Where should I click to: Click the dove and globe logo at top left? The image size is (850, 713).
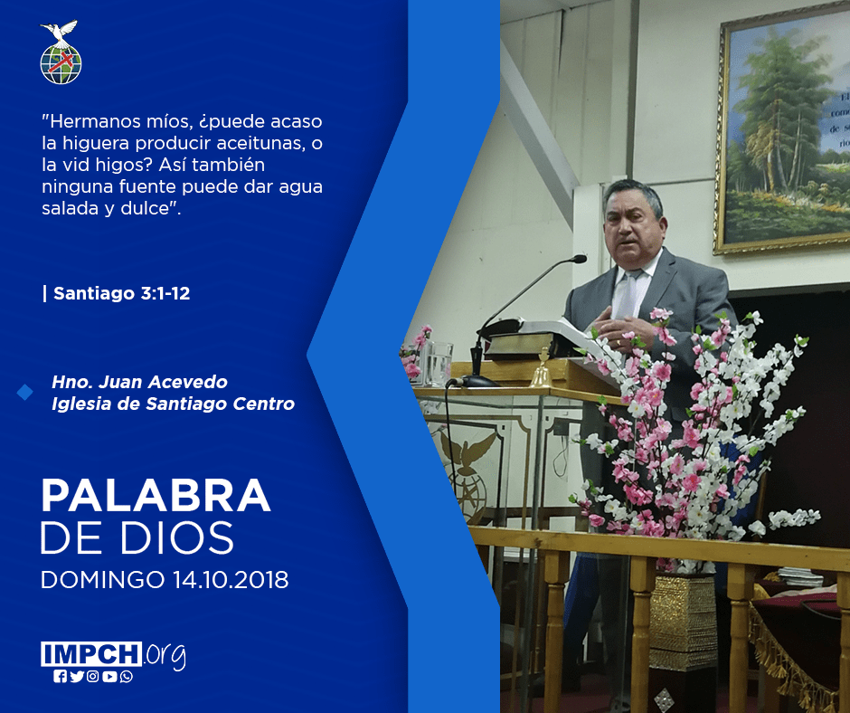(61, 52)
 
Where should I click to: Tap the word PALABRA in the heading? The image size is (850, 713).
(156, 495)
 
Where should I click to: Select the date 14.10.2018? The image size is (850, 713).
(231, 579)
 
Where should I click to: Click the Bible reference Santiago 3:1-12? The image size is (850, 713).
(122, 293)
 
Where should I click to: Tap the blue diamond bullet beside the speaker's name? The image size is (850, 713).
(24, 393)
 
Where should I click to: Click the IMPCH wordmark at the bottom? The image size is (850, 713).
(91, 653)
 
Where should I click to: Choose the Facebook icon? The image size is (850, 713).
(61, 677)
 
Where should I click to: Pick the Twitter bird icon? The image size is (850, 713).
(77, 677)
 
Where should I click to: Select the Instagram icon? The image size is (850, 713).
(93, 677)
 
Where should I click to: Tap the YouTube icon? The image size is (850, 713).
(109, 677)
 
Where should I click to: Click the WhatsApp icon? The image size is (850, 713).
(127, 677)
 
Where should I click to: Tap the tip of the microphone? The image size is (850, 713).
(581, 259)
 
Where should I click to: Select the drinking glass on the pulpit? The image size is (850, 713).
(439, 363)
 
